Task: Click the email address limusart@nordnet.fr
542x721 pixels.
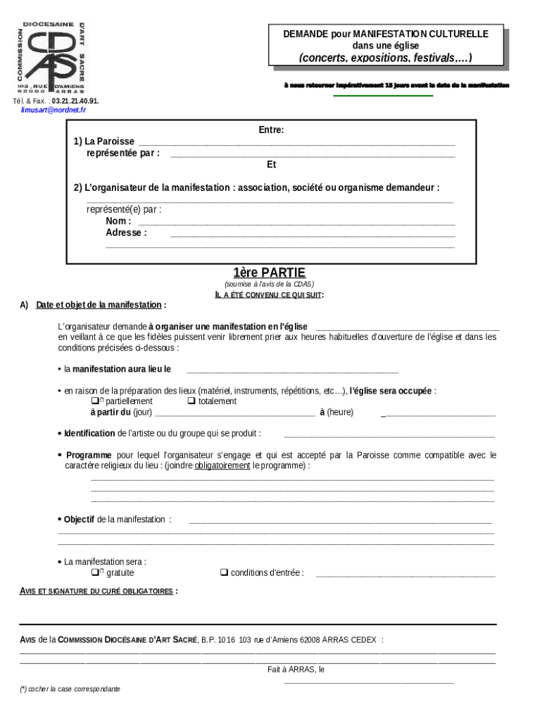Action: point(53,111)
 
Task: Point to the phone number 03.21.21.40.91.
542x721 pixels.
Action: point(75,101)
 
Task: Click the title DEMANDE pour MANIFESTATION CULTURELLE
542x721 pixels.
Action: point(385,34)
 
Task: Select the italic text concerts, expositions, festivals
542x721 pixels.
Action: point(385,57)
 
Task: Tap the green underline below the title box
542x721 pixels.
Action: point(383,96)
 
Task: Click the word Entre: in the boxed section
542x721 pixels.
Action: point(271,130)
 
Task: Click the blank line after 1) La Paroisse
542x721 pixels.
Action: point(296,143)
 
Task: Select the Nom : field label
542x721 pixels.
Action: point(118,221)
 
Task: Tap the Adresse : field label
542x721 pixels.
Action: point(126,233)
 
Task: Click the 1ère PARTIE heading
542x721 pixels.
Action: point(269,272)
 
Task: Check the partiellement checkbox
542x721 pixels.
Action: point(94,401)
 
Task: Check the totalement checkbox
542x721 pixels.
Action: point(191,401)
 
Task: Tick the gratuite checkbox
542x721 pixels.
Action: point(94,572)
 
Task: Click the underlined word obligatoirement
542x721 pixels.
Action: point(222,466)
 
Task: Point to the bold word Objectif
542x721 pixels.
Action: point(79,520)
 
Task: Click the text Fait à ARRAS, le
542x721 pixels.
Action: point(296,670)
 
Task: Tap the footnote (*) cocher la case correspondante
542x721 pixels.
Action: point(70,689)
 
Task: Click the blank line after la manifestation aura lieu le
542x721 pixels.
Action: point(292,370)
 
